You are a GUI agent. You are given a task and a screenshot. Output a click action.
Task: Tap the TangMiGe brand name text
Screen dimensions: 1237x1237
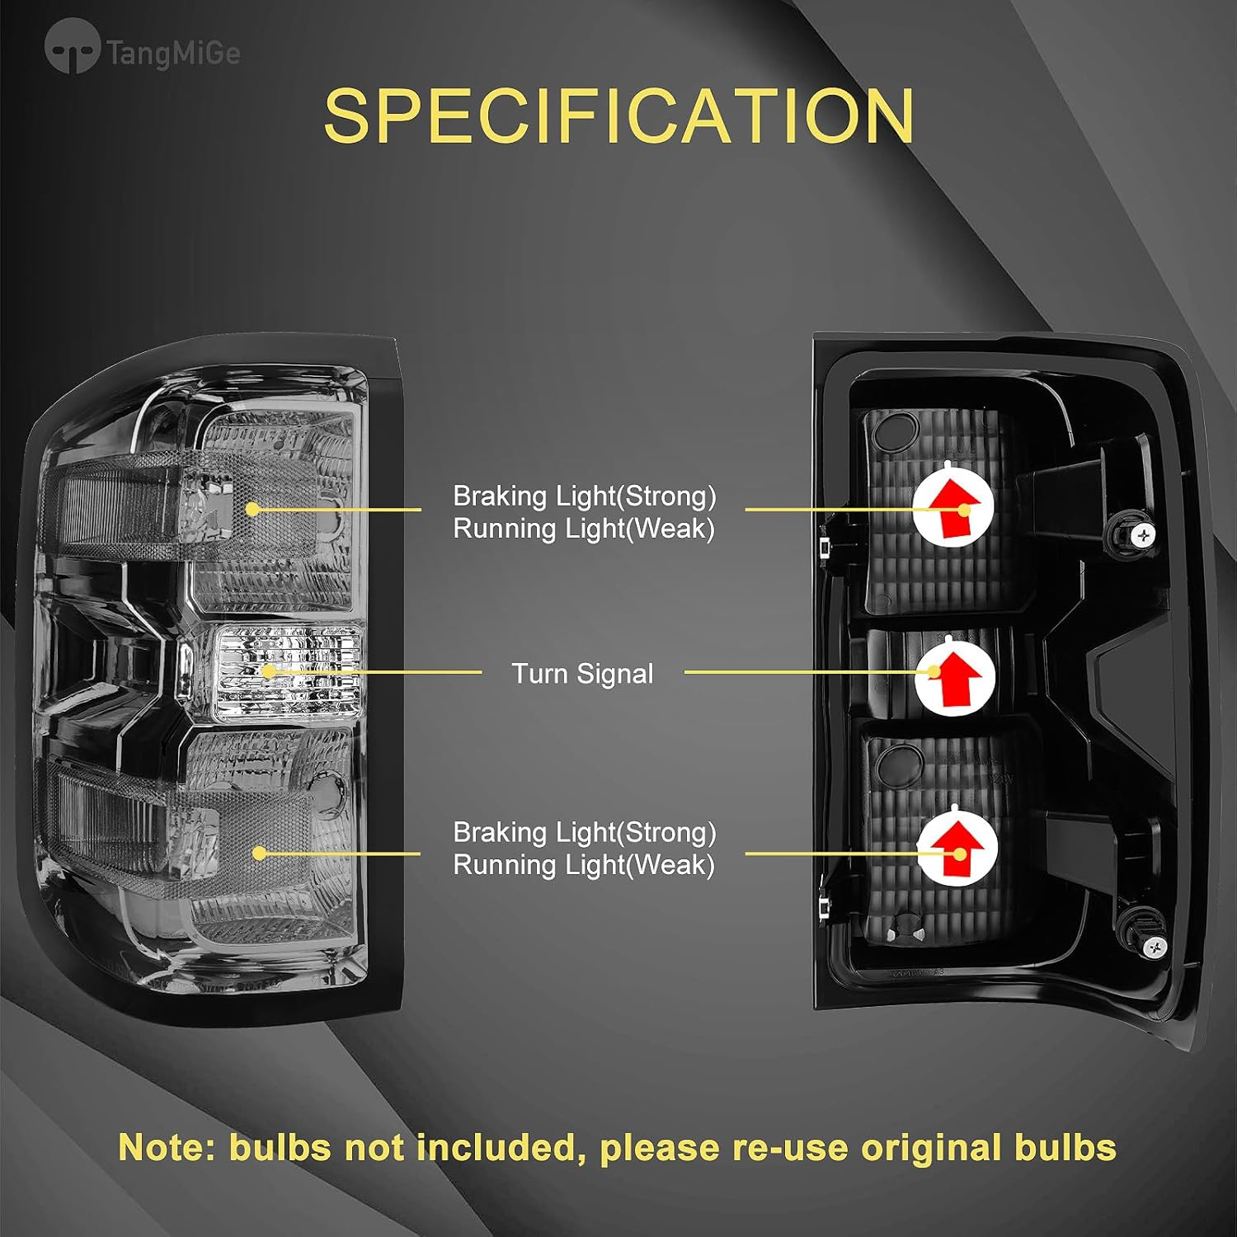[x=173, y=54]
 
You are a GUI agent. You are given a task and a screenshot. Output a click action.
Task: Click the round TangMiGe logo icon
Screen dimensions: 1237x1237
[x=72, y=48]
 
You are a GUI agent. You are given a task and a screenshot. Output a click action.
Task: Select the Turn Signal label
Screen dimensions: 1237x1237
[x=582, y=674]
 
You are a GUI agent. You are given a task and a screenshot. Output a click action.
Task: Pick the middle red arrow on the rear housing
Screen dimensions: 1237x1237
[x=955, y=676]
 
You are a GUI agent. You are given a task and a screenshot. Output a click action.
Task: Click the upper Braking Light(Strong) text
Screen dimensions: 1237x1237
[x=584, y=496]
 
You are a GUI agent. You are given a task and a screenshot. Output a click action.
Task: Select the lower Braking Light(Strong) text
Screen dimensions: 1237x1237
[x=584, y=833]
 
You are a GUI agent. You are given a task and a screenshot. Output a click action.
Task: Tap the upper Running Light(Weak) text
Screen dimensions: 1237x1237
[x=584, y=529]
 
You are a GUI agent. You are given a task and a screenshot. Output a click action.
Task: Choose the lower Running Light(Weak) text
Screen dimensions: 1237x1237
[x=584, y=865]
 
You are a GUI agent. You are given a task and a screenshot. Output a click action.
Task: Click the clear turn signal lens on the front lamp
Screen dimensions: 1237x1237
[x=289, y=670]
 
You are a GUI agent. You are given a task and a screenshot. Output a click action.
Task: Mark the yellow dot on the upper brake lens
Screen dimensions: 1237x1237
[x=253, y=510]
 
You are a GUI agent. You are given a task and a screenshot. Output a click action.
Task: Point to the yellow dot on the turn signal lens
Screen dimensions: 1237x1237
[x=268, y=671]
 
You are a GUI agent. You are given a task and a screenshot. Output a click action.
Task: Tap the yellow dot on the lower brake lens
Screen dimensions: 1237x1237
[x=259, y=853]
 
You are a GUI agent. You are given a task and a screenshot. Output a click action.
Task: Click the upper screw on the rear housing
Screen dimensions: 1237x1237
[x=1143, y=536]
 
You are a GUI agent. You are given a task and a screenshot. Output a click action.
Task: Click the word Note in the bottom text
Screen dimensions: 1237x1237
[x=167, y=1148]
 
